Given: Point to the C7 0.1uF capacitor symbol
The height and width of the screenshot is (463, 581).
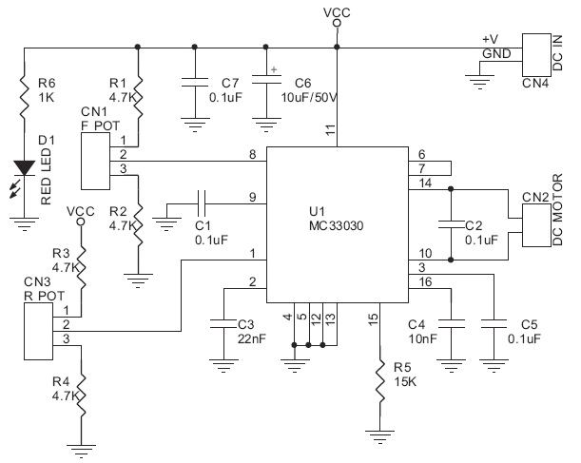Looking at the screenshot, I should pos(194,80).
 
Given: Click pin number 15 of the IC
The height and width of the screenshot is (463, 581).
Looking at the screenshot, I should pos(374,317).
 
